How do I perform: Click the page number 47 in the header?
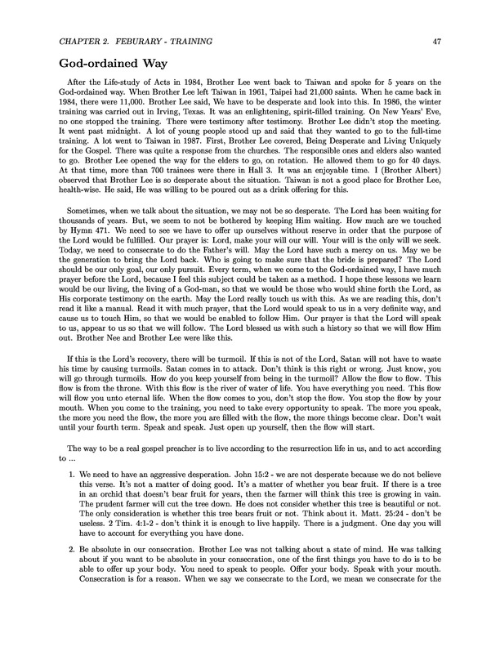point(437,41)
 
